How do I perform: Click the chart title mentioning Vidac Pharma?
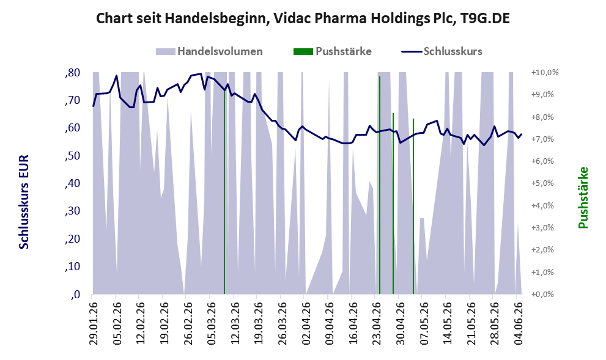pos(303,18)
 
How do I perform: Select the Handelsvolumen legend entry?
pos(209,51)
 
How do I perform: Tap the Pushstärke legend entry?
pos(333,51)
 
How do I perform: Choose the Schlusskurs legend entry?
pos(442,51)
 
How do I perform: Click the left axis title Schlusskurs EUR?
pos(24,202)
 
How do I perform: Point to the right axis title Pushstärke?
pos(583,197)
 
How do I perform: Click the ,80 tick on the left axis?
pos(73,73)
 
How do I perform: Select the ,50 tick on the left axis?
pos(73,156)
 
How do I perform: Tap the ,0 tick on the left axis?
pos(75,295)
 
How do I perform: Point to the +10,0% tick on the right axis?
pos(545,73)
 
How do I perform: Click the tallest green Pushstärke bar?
pos(380,185)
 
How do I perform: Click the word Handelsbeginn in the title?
pos(215,18)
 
